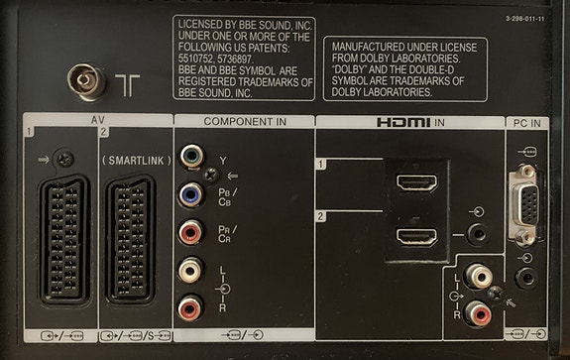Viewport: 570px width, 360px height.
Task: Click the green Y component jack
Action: [x=190, y=158]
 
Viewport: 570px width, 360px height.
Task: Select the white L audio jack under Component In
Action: [x=190, y=271]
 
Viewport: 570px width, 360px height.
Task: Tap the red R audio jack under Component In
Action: [x=190, y=308]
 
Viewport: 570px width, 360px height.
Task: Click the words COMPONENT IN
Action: [x=244, y=121]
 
